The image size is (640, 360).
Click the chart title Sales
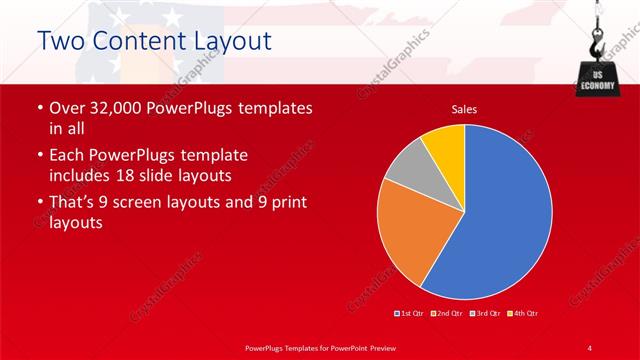[x=464, y=108]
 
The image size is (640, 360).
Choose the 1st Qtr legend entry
[x=410, y=314]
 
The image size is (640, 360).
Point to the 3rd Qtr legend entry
[x=485, y=314]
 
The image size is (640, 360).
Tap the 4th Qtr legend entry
[x=522, y=314]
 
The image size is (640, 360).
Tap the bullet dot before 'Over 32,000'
[x=39, y=108]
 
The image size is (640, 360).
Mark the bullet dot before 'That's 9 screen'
[x=39, y=202]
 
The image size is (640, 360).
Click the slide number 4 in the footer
[x=589, y=347]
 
